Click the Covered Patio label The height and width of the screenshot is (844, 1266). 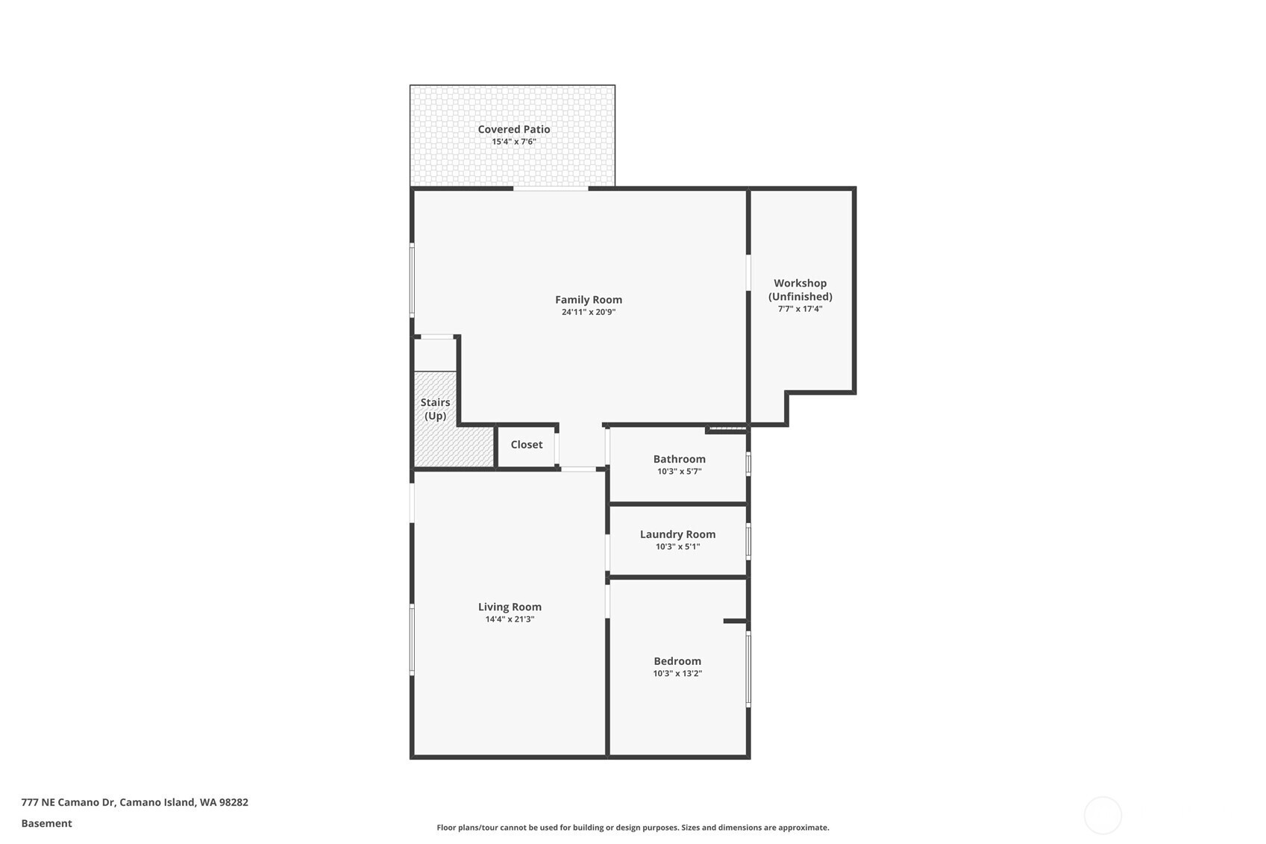click(x=514, y=129)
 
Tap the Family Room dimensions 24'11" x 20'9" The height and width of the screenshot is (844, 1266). click(x=589, y=312)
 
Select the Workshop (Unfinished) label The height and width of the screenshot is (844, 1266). click(x=800, y=290)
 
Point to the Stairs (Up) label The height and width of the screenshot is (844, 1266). click(x=435, y=409)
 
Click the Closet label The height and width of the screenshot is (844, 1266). click(x=527, y=444)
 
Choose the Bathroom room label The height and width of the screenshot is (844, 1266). click(x=680, y=459)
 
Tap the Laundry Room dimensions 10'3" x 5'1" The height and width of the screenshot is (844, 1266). click(x=677, y=547)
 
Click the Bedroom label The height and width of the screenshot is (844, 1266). click(x=677, y=661)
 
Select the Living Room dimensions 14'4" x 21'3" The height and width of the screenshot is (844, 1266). click(x=510, y=619)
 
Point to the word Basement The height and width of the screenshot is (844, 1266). click(x=47, y=823)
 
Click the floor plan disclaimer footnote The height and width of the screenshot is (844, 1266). click(x=633, y=828)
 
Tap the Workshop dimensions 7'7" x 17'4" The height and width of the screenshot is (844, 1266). click(x=800, y=309)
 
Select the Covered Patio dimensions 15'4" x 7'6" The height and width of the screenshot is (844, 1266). click(x=514, y=141)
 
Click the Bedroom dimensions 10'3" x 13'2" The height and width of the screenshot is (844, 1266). click(x=677, y=673)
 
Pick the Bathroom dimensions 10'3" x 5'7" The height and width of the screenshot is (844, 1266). click(x=680, y=472)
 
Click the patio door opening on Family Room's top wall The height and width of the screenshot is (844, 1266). click(x=551, y=188)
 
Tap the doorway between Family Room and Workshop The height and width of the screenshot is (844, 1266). click(x=748, y=272)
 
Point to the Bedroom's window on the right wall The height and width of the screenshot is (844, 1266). click(x=748, y=669)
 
